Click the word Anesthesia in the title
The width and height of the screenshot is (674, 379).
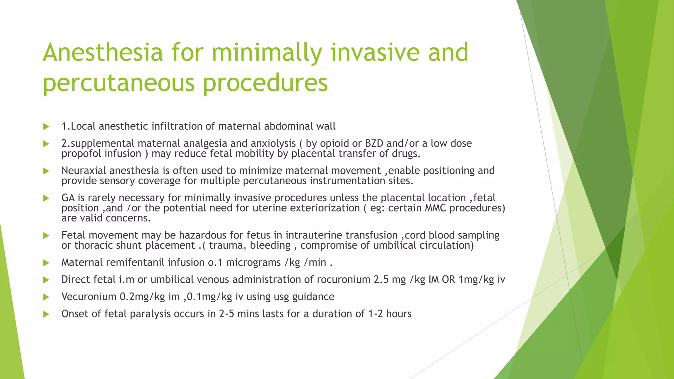pos(103,53)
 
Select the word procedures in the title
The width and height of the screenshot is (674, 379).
pos(265,83)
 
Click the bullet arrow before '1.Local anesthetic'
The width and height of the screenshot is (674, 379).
pos(46,127)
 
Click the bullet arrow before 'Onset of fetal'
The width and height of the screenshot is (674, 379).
pos(46,314)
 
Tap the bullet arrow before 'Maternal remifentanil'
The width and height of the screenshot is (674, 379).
pos(46,263)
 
